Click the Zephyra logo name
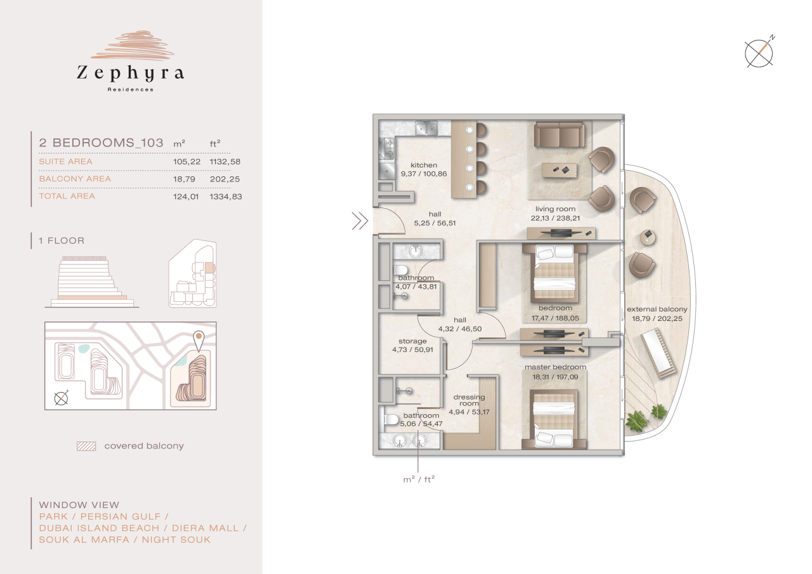[x=130, y=74]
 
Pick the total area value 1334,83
[x=225, y=197]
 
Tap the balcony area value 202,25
[x=225, y=179]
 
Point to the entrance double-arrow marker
[x=360, y=221]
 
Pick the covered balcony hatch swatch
[x=86, y=446]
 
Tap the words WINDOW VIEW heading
[x=79, y=506]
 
